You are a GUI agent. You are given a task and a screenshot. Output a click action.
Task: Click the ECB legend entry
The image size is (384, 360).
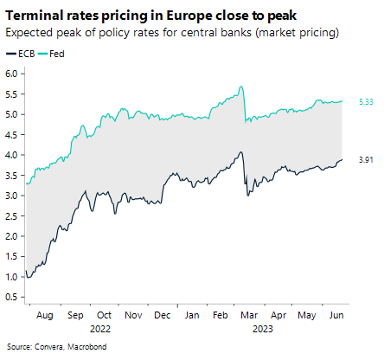click(x=25, y=54)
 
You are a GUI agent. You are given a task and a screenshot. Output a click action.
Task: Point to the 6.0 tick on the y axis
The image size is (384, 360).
click(x=13, y=74)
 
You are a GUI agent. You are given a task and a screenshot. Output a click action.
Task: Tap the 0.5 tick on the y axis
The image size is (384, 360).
click(x=13, y=297)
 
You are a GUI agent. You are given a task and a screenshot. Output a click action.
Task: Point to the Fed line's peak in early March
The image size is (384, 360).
click(x=240, y=87)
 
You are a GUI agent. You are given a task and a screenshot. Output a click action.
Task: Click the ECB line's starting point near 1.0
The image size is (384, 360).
click(x=27, y=276)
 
